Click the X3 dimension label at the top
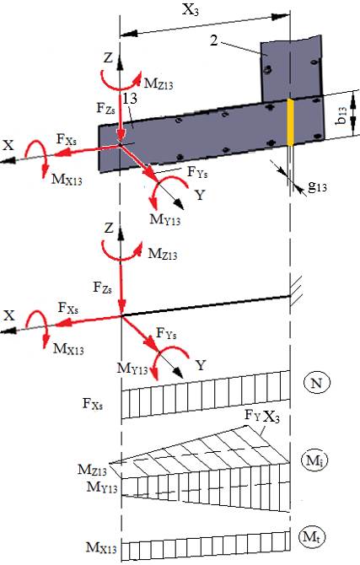point(191,10)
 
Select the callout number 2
point(214,40)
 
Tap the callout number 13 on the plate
point(129,99)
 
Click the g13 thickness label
point(317,186)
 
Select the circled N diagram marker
point(315,383)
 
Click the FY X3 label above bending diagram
point(262,417)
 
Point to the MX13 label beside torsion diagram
point(101,547)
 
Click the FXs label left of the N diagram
point(93,403)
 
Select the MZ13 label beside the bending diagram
point(92,471)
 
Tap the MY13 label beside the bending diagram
point(102,487)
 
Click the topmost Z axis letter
point(108,57)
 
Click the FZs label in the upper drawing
point(105,108)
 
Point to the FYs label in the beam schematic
point(166,333)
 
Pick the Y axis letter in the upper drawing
point(200,196)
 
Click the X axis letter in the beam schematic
point(9,315)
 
